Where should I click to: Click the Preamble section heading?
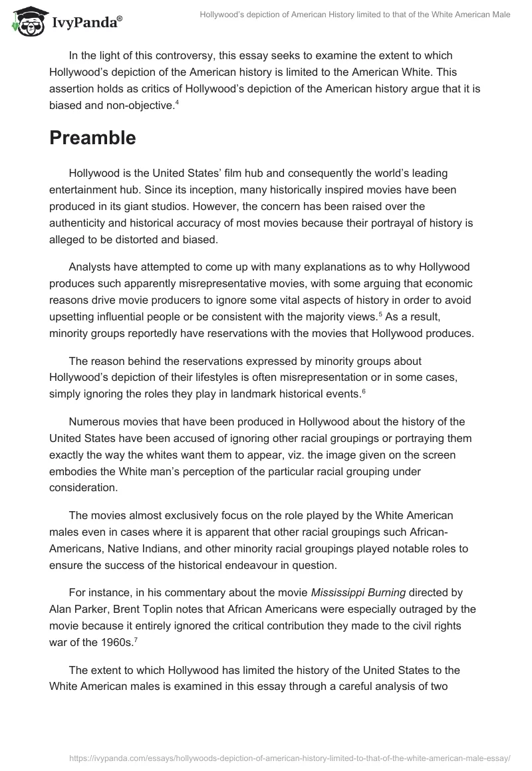pos(92,138)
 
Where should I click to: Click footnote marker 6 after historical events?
pos(362,390)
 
